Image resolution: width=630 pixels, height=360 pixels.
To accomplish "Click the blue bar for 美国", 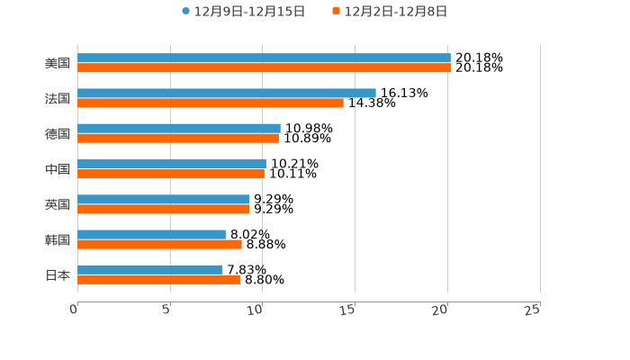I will click(264, 58).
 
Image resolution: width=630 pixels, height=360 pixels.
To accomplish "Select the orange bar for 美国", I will click(264, 67).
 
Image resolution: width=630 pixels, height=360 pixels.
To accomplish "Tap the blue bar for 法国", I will click(227, 93).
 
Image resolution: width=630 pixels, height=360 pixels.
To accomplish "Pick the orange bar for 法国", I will click(211, 103).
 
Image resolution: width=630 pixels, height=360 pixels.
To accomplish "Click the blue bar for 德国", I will click(179, 128).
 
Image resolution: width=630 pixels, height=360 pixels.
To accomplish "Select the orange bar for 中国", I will click(171, 174).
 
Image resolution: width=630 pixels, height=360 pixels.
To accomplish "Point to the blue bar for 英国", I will click(164, 199).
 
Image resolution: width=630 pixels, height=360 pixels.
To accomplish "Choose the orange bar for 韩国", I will click(159, 244).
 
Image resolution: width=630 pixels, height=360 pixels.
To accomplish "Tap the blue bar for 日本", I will click(149, 269).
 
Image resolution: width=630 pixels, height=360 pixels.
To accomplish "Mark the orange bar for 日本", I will click(158, 279).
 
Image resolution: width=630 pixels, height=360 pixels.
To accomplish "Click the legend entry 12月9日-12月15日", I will click(244, 12).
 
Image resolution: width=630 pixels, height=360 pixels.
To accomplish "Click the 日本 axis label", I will click(58, 274).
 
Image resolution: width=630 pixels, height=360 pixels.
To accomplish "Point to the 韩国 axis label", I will click(58, 239).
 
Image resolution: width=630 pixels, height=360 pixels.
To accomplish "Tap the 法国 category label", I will click(58, 98).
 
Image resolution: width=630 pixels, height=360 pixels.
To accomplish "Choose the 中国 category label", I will click(58, 169).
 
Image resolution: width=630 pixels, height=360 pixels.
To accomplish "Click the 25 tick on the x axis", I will click(533, 310).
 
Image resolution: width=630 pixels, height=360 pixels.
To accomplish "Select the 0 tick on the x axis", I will click(75, 310).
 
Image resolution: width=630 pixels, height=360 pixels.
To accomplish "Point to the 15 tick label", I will click(348, 310).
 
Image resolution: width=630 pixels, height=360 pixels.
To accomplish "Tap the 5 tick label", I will click(167, 310).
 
